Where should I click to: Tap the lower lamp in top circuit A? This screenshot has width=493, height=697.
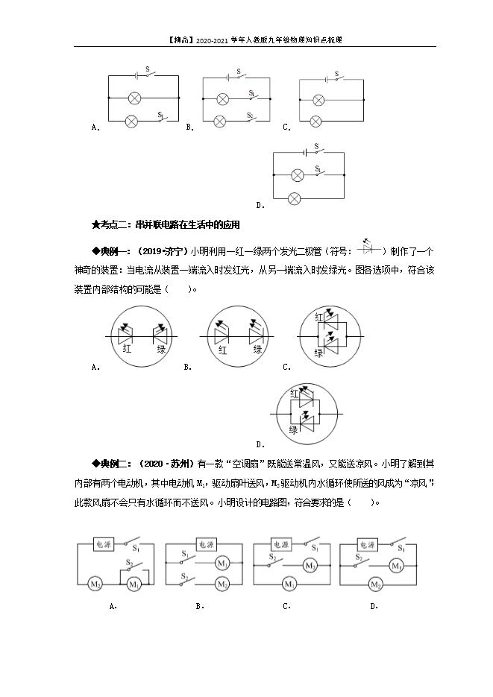click(131, 120)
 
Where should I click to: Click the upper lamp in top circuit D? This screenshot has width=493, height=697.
click(297, 175)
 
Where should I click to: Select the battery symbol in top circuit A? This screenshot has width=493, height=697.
click(136, 75)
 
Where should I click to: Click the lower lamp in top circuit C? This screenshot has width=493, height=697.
click(318, 121)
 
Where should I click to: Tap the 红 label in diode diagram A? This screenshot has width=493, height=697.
click(128, 349)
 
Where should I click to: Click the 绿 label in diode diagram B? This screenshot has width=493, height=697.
click(257, 349)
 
